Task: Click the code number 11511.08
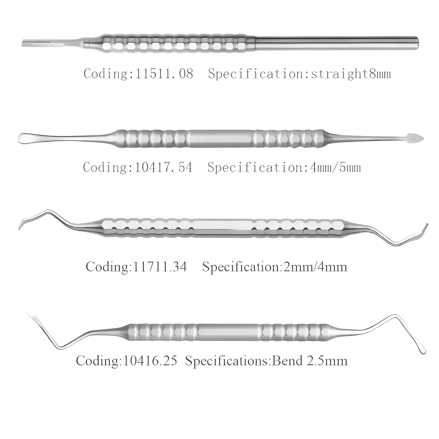click(165, 74)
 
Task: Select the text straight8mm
click(351, 74)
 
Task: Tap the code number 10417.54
click(164, 168)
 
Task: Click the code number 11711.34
click(159, 267)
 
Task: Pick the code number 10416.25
click(150, 361)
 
